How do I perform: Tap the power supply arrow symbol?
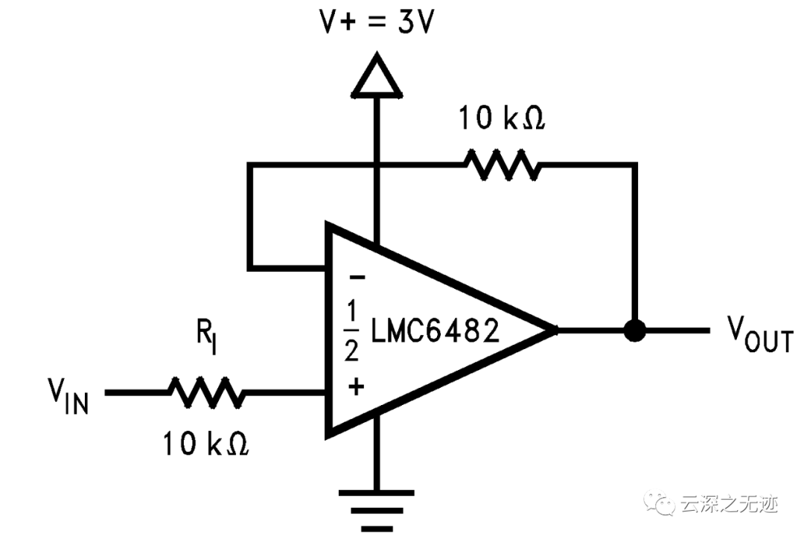(x=377, y=77)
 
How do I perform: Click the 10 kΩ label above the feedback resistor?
(x=501, y=118)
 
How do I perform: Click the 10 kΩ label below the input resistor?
(x=206, y=444)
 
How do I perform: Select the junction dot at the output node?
(x=634, y=331)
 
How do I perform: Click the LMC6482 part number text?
(x=436, y=331)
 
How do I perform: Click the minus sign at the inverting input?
(x=357, y=278)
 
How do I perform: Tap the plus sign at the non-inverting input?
(x=357, y=386)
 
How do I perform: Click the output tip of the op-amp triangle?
(x=555, y=331)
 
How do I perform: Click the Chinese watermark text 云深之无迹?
(x=729, y=505)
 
